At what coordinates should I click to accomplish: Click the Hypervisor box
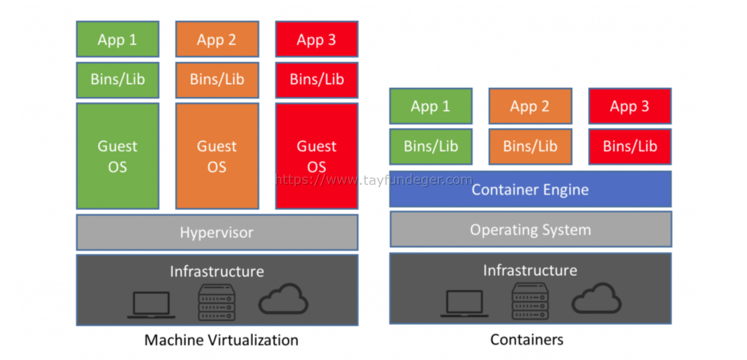click(217, 233)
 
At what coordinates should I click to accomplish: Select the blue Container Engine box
click(530, 189)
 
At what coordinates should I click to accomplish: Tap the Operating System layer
click(530, 229)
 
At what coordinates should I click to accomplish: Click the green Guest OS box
click(118, 156)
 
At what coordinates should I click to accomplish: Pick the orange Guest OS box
click(217, 156)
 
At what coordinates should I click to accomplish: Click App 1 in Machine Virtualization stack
click(118, 39)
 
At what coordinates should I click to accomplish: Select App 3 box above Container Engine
click(630, 106)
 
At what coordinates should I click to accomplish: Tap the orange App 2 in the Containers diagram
click(530, 106)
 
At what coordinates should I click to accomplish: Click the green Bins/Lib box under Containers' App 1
click(431, 146)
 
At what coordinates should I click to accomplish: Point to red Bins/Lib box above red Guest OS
click(317, 80)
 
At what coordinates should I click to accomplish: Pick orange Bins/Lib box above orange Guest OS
click(217, 80)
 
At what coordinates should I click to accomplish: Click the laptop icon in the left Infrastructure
click(151, 305)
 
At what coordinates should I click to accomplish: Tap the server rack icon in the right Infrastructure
click(530, 302)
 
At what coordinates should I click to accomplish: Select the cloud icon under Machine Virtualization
click(283, 300)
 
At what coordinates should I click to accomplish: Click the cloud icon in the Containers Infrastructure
click(597, 298)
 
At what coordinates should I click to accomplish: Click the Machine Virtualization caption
click(221, 340)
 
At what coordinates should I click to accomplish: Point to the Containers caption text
click(527, 339)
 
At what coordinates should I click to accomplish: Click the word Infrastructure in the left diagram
click(217, 271)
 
